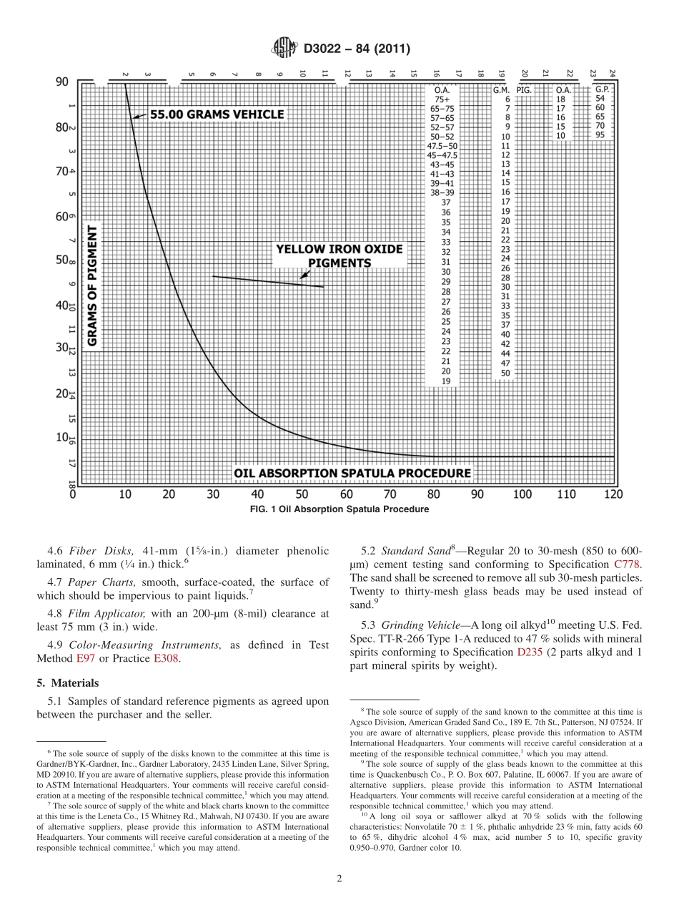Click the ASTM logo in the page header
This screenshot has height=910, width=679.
pyautogui.click(x=284, y=49)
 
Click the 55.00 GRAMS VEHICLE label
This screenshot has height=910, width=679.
pyautogui.click(x=216, y=114)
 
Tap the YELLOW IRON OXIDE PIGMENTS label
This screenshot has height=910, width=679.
pyautogui.click(x=339, y=255)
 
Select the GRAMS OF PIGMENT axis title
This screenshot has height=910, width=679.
pyautogui.click(x=92, y=285)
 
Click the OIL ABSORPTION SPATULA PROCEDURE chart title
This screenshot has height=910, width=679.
pyautogui.click(x=352, y=473)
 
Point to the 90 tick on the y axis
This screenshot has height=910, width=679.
pyautogui.click(x=62, y=82)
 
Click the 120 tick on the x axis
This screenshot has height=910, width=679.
pyautogui.click(x=613, y=494)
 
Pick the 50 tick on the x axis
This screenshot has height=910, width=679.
pyautogui.click(x=302, y=494)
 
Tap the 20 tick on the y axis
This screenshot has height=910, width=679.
pyautogui.click(x=61, y=393)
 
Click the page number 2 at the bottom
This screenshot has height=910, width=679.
pyautogui.click(x=339, y=879)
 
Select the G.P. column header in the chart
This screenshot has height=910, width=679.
pyautogui.click(x=601, y=89)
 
